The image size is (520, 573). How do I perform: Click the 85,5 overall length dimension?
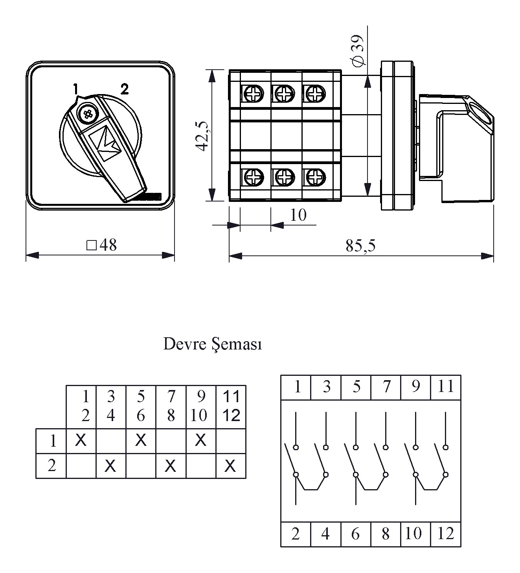[360, 246]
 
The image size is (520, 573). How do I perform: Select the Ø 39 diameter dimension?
[358, 50]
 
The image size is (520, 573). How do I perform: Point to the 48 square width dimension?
[102, 245]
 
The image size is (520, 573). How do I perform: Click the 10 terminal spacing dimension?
[298, 215]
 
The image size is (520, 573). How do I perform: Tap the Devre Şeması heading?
[212, 344]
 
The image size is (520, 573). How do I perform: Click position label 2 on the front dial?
[124, 89]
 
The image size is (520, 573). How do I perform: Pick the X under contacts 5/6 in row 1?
[141, 440]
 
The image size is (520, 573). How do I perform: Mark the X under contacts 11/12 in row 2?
[230, 466]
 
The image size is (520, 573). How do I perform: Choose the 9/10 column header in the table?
[201, 406]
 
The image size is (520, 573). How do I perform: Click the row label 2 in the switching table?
[52, 466]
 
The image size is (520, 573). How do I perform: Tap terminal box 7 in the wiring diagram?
[386, 387]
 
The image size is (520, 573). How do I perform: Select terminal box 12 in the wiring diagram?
[445, 534]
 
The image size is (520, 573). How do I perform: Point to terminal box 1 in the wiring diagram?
[297, 387]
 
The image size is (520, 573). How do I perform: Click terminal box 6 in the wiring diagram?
[356, 534]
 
